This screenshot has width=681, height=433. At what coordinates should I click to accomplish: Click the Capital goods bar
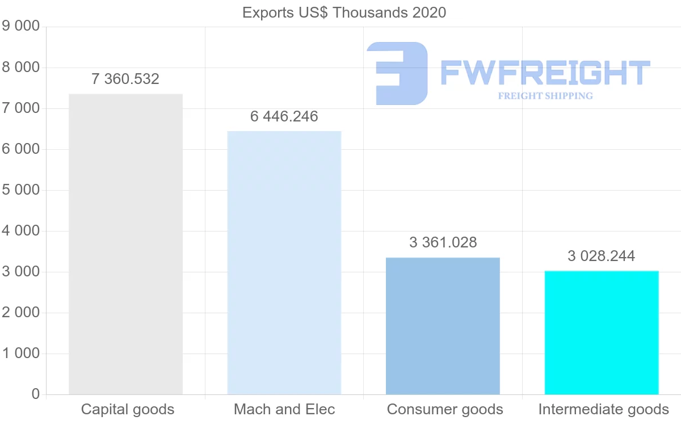click(x=125, y=244)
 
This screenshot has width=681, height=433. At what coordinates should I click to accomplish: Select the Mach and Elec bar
click(x=284, y=263)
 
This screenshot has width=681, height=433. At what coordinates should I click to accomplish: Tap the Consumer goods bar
click(x=443, y=326)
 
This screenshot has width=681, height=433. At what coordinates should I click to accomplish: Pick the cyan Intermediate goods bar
click(x=602, y=333)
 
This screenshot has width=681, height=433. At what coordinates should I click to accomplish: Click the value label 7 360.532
click(x=125, y=79)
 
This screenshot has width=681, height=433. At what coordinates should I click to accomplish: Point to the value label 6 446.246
click(x=284, y=116)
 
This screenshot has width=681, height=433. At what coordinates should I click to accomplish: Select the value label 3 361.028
click(x=443, y=242)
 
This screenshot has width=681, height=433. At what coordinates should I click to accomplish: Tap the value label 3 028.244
click(x=601, y=256)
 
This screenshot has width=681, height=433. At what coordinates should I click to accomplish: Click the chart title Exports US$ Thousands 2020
click(x=344, y=12)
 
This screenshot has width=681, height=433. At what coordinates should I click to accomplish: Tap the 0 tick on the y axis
click(x=35, y=394)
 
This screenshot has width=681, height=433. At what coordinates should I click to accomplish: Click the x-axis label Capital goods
click(x=128, y=409)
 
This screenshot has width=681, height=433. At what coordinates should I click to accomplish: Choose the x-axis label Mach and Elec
click(x=284, y=409)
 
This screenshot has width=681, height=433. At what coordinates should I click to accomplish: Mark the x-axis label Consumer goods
click(x=445, y=409)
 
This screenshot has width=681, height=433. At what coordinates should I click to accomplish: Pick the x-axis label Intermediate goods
click(x=603, y=409)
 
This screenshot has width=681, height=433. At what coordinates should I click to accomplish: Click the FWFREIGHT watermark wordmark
click(x=545, y=73)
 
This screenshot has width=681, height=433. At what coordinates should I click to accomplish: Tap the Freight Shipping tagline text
click(x=545, y=96)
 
